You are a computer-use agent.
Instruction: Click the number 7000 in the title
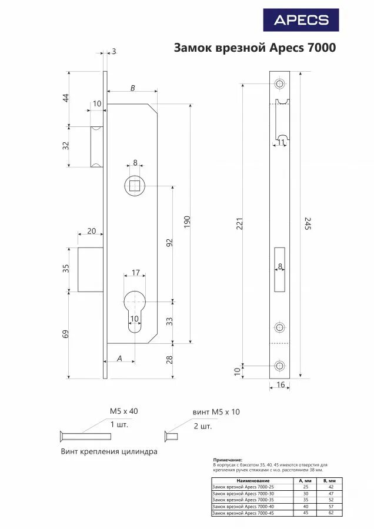[320, 48]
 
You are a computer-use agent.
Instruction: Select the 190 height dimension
[187, 222]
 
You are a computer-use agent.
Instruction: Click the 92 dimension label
[169, 243]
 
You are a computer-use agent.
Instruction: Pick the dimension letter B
[132, 88]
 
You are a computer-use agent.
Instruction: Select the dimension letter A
[119, 358]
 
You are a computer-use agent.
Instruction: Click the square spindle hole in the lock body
[135, 186]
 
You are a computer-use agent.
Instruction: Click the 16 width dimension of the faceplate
[280, 384]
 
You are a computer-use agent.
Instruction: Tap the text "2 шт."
[202, 426]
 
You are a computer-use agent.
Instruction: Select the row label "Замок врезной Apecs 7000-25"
[242, 487]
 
